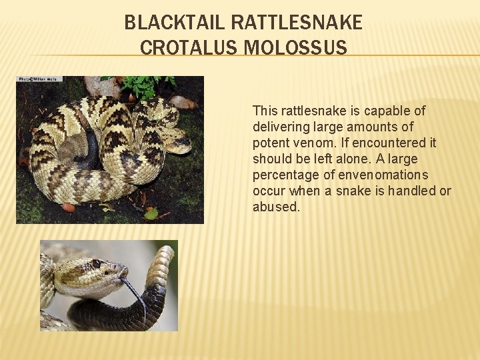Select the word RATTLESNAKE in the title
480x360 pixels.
[297, 23]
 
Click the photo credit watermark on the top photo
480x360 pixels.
[39, 79]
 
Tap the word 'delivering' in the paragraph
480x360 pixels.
[281, 127]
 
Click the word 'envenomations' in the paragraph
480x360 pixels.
[387, 175]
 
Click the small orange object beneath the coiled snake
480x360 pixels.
[69, 207]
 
